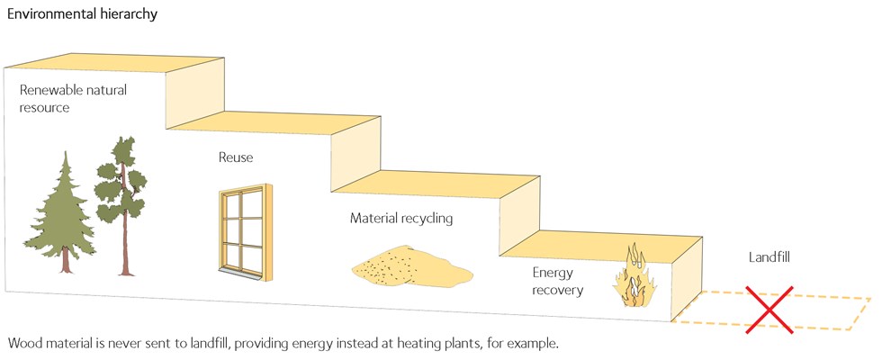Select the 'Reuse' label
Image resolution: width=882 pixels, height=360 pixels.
(x=236, y=157)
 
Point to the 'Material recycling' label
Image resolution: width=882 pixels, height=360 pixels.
(x=401, y=218)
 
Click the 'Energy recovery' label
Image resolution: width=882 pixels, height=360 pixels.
(x=558, y=281)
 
